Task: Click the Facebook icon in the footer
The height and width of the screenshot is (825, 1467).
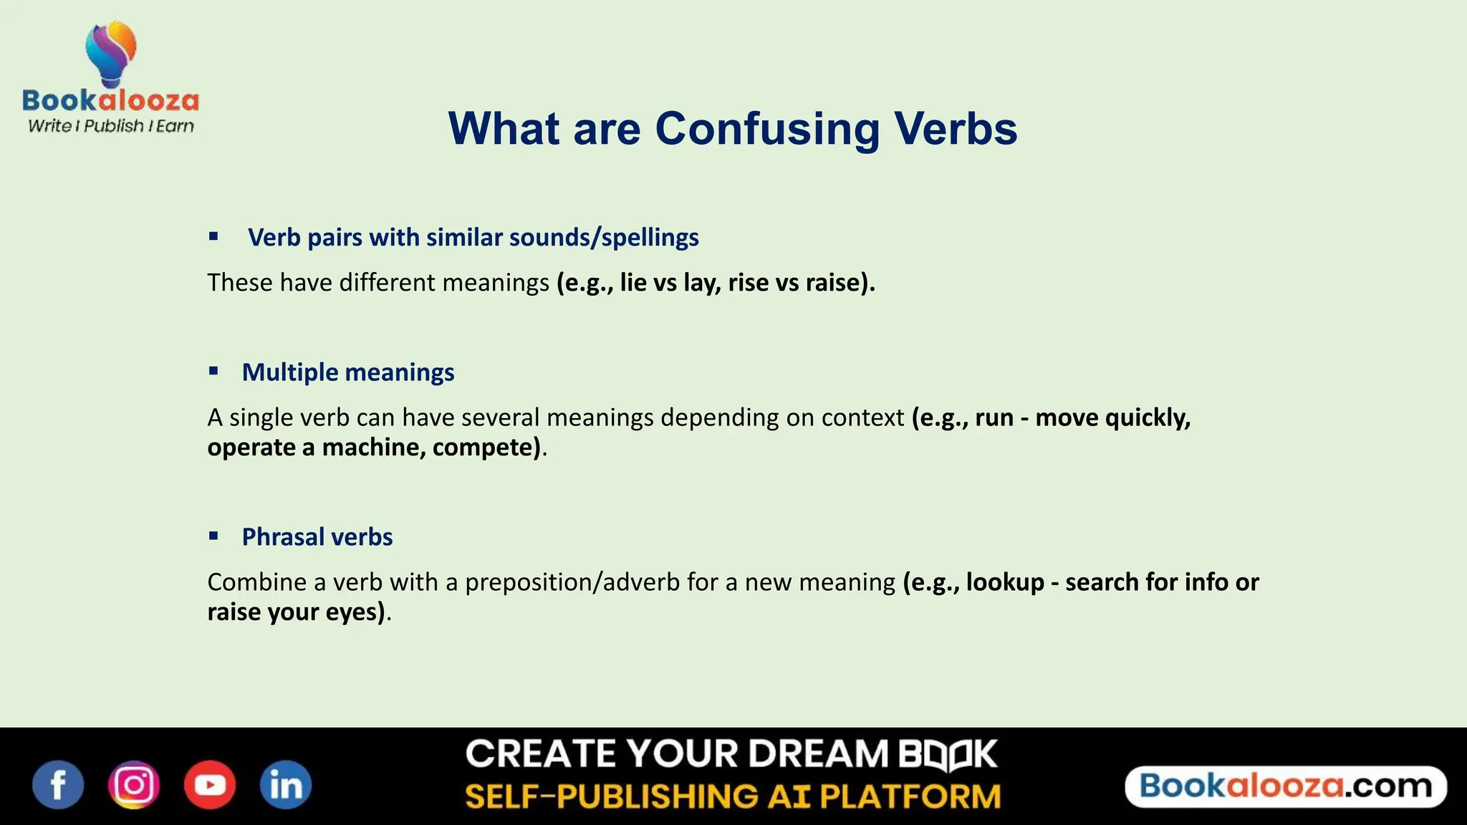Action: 58,785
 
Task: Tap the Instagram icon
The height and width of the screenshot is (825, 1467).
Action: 134,785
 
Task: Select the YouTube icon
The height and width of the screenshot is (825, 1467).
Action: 210,785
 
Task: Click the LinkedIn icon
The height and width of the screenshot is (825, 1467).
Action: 285,785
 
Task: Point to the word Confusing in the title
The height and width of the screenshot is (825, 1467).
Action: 767,129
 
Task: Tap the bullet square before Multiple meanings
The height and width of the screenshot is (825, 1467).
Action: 213,371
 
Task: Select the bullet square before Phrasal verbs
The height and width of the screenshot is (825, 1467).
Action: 213,536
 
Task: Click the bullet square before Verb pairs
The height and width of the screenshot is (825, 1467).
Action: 213,236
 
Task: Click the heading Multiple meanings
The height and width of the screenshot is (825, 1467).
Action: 348,372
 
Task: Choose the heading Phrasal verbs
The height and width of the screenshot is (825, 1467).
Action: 317,537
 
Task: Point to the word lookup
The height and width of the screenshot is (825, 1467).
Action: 1005,582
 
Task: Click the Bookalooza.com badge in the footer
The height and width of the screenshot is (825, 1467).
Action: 1286,786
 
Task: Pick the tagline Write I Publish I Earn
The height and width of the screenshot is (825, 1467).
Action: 111,126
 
